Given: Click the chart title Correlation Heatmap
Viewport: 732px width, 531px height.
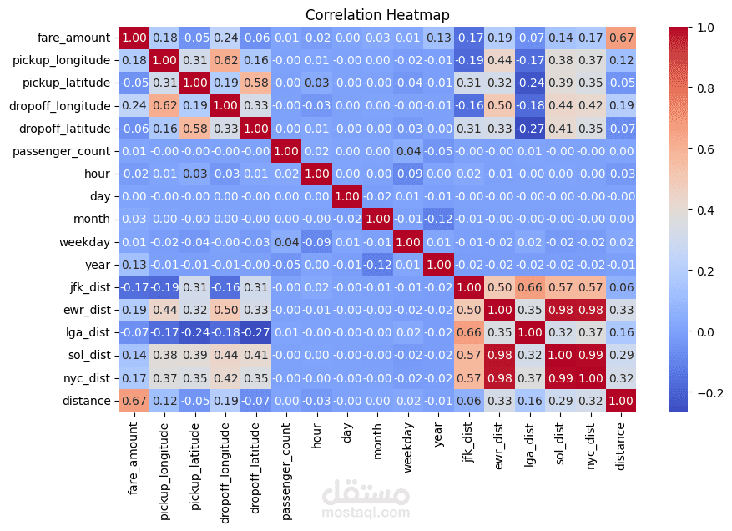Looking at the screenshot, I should [377, 15].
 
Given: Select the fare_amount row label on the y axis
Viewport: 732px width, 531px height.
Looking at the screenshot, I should [73, 38].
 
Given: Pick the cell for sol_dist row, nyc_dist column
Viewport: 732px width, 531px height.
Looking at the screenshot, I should [589, 356].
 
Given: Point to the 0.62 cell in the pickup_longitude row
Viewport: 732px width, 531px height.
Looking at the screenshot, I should [225, 60].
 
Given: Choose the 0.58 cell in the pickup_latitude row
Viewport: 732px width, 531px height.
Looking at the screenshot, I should [255, 83].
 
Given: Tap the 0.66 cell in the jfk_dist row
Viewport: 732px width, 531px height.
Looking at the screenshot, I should [528, 288].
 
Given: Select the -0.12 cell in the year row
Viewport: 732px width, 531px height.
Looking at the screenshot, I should [376, 265].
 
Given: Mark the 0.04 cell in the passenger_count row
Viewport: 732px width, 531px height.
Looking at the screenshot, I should [407, 151].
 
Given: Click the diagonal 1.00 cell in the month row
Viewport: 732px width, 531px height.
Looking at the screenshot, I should [376, 220].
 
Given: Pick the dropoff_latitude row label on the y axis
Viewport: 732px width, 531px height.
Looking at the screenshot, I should [68, 129].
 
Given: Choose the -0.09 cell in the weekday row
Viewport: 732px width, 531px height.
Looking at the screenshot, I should [316, 242].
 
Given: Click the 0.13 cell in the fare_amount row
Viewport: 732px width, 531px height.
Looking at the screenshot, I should [437, 38].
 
